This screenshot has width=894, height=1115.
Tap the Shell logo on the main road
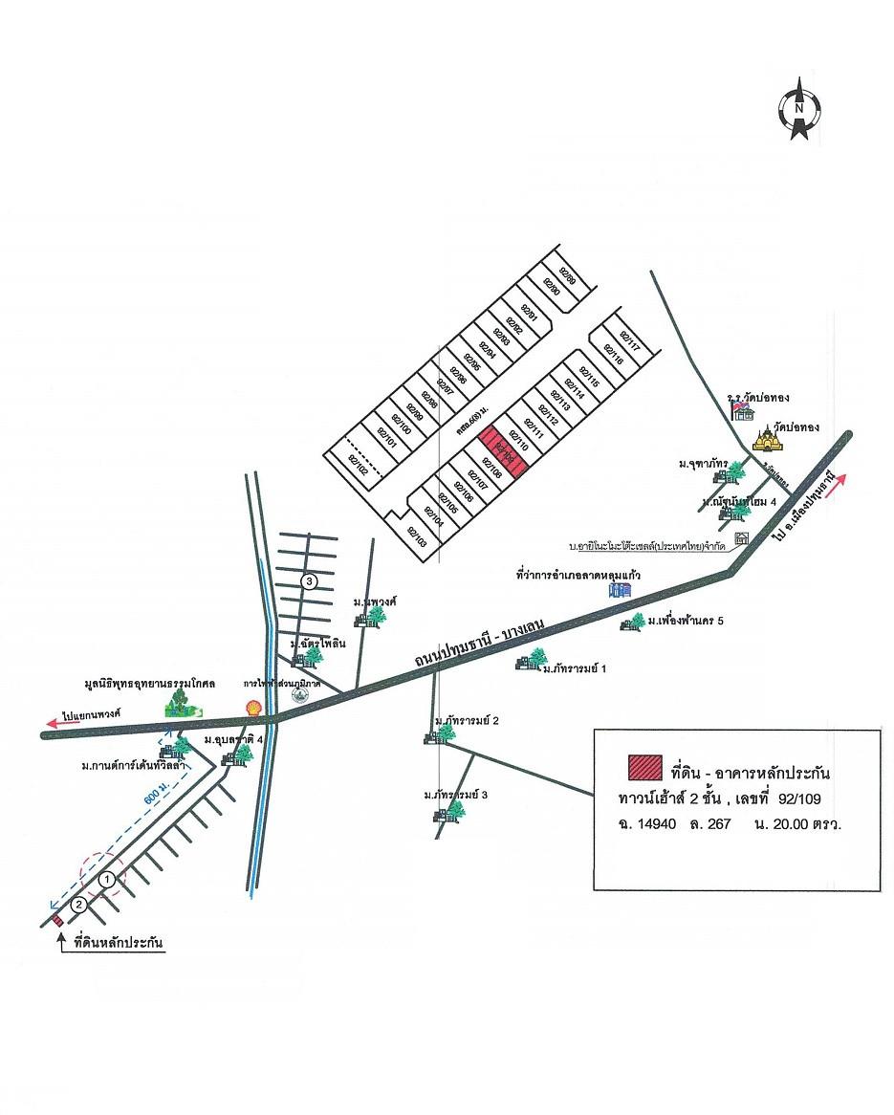coord(253,707)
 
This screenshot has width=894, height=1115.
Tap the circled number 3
coord(308,580)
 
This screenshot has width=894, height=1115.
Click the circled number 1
coord(109,877)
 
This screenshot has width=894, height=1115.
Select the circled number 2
coord(79,903)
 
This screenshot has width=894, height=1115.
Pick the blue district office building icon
coord(621,590)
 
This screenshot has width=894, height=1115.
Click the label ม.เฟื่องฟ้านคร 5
coord(685,622)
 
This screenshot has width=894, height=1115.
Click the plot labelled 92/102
coord(358,466)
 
